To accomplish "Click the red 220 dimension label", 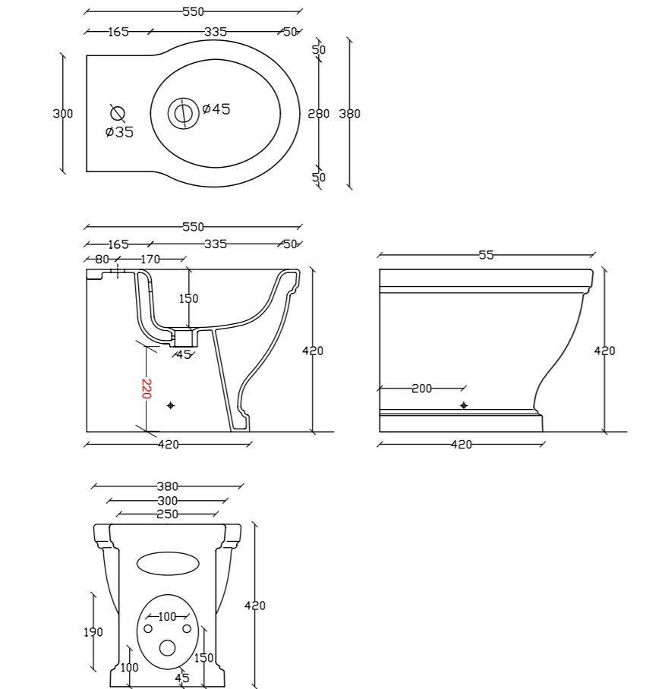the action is tap(147, 389).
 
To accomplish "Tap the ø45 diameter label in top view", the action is tap(216, 109).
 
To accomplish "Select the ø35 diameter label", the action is tap(119, 131).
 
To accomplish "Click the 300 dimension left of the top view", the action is tap(62, 113).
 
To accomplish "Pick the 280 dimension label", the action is tap(318, 114).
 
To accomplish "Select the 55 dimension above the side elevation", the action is tap(486, 255).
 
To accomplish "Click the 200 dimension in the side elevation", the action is tap(421, 388).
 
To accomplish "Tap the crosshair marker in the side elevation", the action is tap(464, 405).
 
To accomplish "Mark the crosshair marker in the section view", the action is tap(171, 405).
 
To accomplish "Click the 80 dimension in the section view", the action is tap(102, 260).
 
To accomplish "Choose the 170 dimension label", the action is tap(150, 260).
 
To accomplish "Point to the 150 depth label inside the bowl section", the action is tap(188, 298).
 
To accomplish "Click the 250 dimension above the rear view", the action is tap(168, 514).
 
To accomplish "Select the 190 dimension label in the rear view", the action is tap(93, 632).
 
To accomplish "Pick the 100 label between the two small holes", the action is tap(167, 616).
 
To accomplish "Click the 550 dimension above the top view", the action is tap(194, 11).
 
